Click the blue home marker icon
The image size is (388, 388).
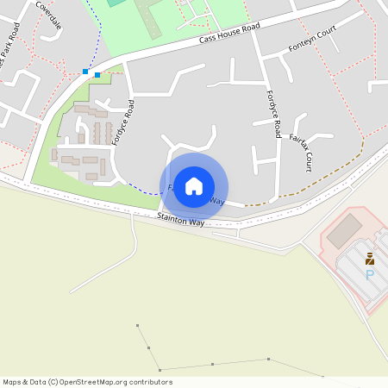(194, 186)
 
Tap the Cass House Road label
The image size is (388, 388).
(229, 34)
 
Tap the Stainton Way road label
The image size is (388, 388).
(180, 221)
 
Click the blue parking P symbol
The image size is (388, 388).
(370, 275)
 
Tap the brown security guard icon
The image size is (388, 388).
(370, 258)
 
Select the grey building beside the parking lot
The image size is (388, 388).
(345, 229)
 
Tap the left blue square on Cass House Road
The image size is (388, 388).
(85, 71)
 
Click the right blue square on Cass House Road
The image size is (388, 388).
(97, 75)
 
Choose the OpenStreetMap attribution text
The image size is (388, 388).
(87, 382)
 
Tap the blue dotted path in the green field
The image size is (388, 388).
(100, 34)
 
